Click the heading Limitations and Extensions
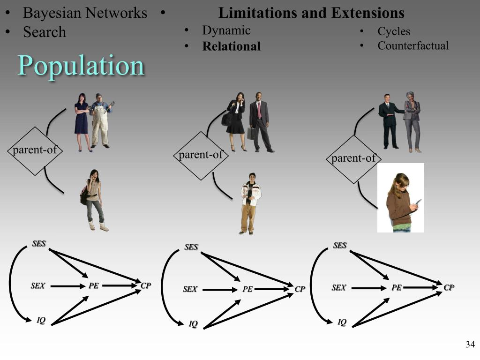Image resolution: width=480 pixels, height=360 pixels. pos(311,13)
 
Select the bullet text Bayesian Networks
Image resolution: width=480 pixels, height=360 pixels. pos(85,13)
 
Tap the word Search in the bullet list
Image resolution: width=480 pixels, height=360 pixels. pos(45,32)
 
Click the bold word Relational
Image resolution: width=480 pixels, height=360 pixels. pos(231,46)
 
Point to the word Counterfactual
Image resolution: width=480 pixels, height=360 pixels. pos(413,45)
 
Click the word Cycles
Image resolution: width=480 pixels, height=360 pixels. pos(394,31)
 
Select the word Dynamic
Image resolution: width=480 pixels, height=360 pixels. pos(226,30)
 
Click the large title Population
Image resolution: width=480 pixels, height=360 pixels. pos(81,65)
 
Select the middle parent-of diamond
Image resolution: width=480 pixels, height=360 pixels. pos(201,156)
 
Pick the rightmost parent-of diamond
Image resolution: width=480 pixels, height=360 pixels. pos(353,159)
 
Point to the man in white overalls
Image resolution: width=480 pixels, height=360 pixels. pos(100,121)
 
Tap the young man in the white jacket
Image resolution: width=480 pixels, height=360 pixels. pos(249,202)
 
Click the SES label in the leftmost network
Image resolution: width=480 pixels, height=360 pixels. pos(39,244)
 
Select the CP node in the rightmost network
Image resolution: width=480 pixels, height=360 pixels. pos(449,287)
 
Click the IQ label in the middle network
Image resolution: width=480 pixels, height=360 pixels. pos(193,324)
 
